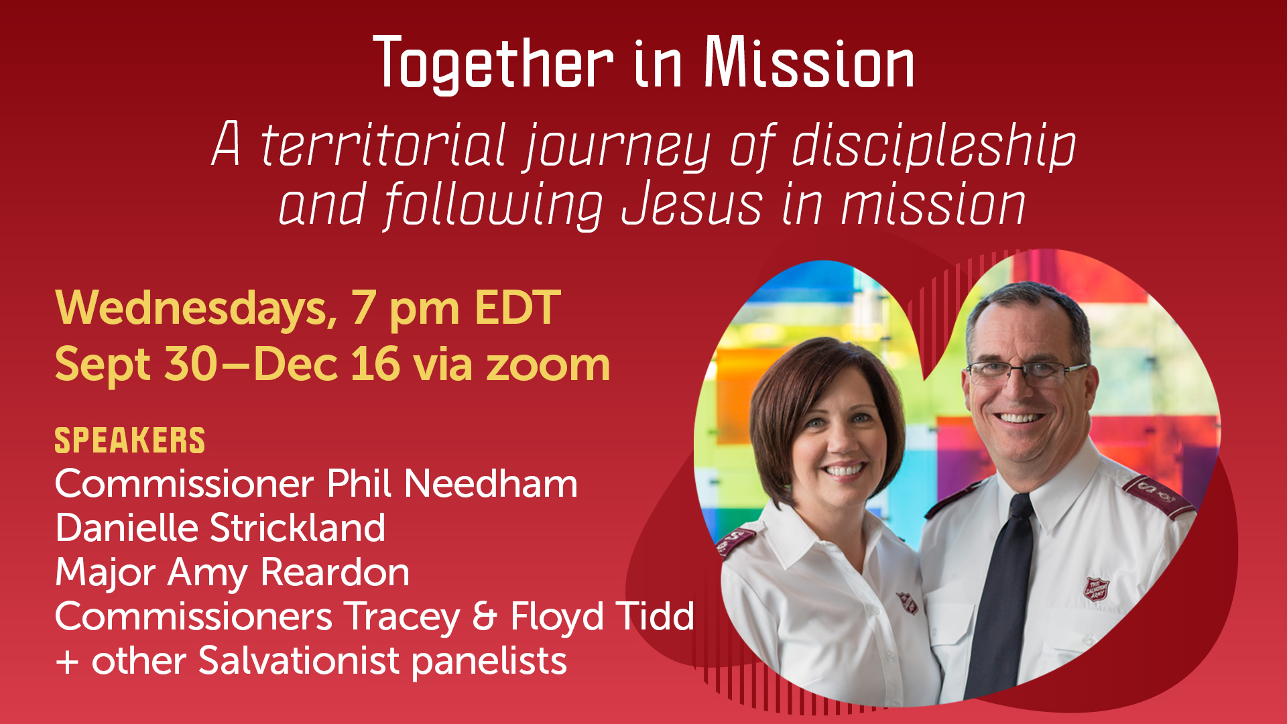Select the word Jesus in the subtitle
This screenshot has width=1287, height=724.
tap(692, 204)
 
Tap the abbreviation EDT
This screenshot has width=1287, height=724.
tap(517, 308)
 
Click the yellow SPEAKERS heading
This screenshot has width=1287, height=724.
tap(130, 440)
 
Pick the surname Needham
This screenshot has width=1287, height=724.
tap(491, 484)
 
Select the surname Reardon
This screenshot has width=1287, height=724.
tap(334, 572)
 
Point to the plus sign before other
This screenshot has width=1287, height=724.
tap(67, 662)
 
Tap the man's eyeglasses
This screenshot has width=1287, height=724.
tap(1026, 371)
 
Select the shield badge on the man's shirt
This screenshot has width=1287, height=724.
tap(1097, 588)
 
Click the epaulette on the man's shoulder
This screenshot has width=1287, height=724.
tap(1157, 495)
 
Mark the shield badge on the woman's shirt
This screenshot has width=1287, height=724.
tap(908, 601)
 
